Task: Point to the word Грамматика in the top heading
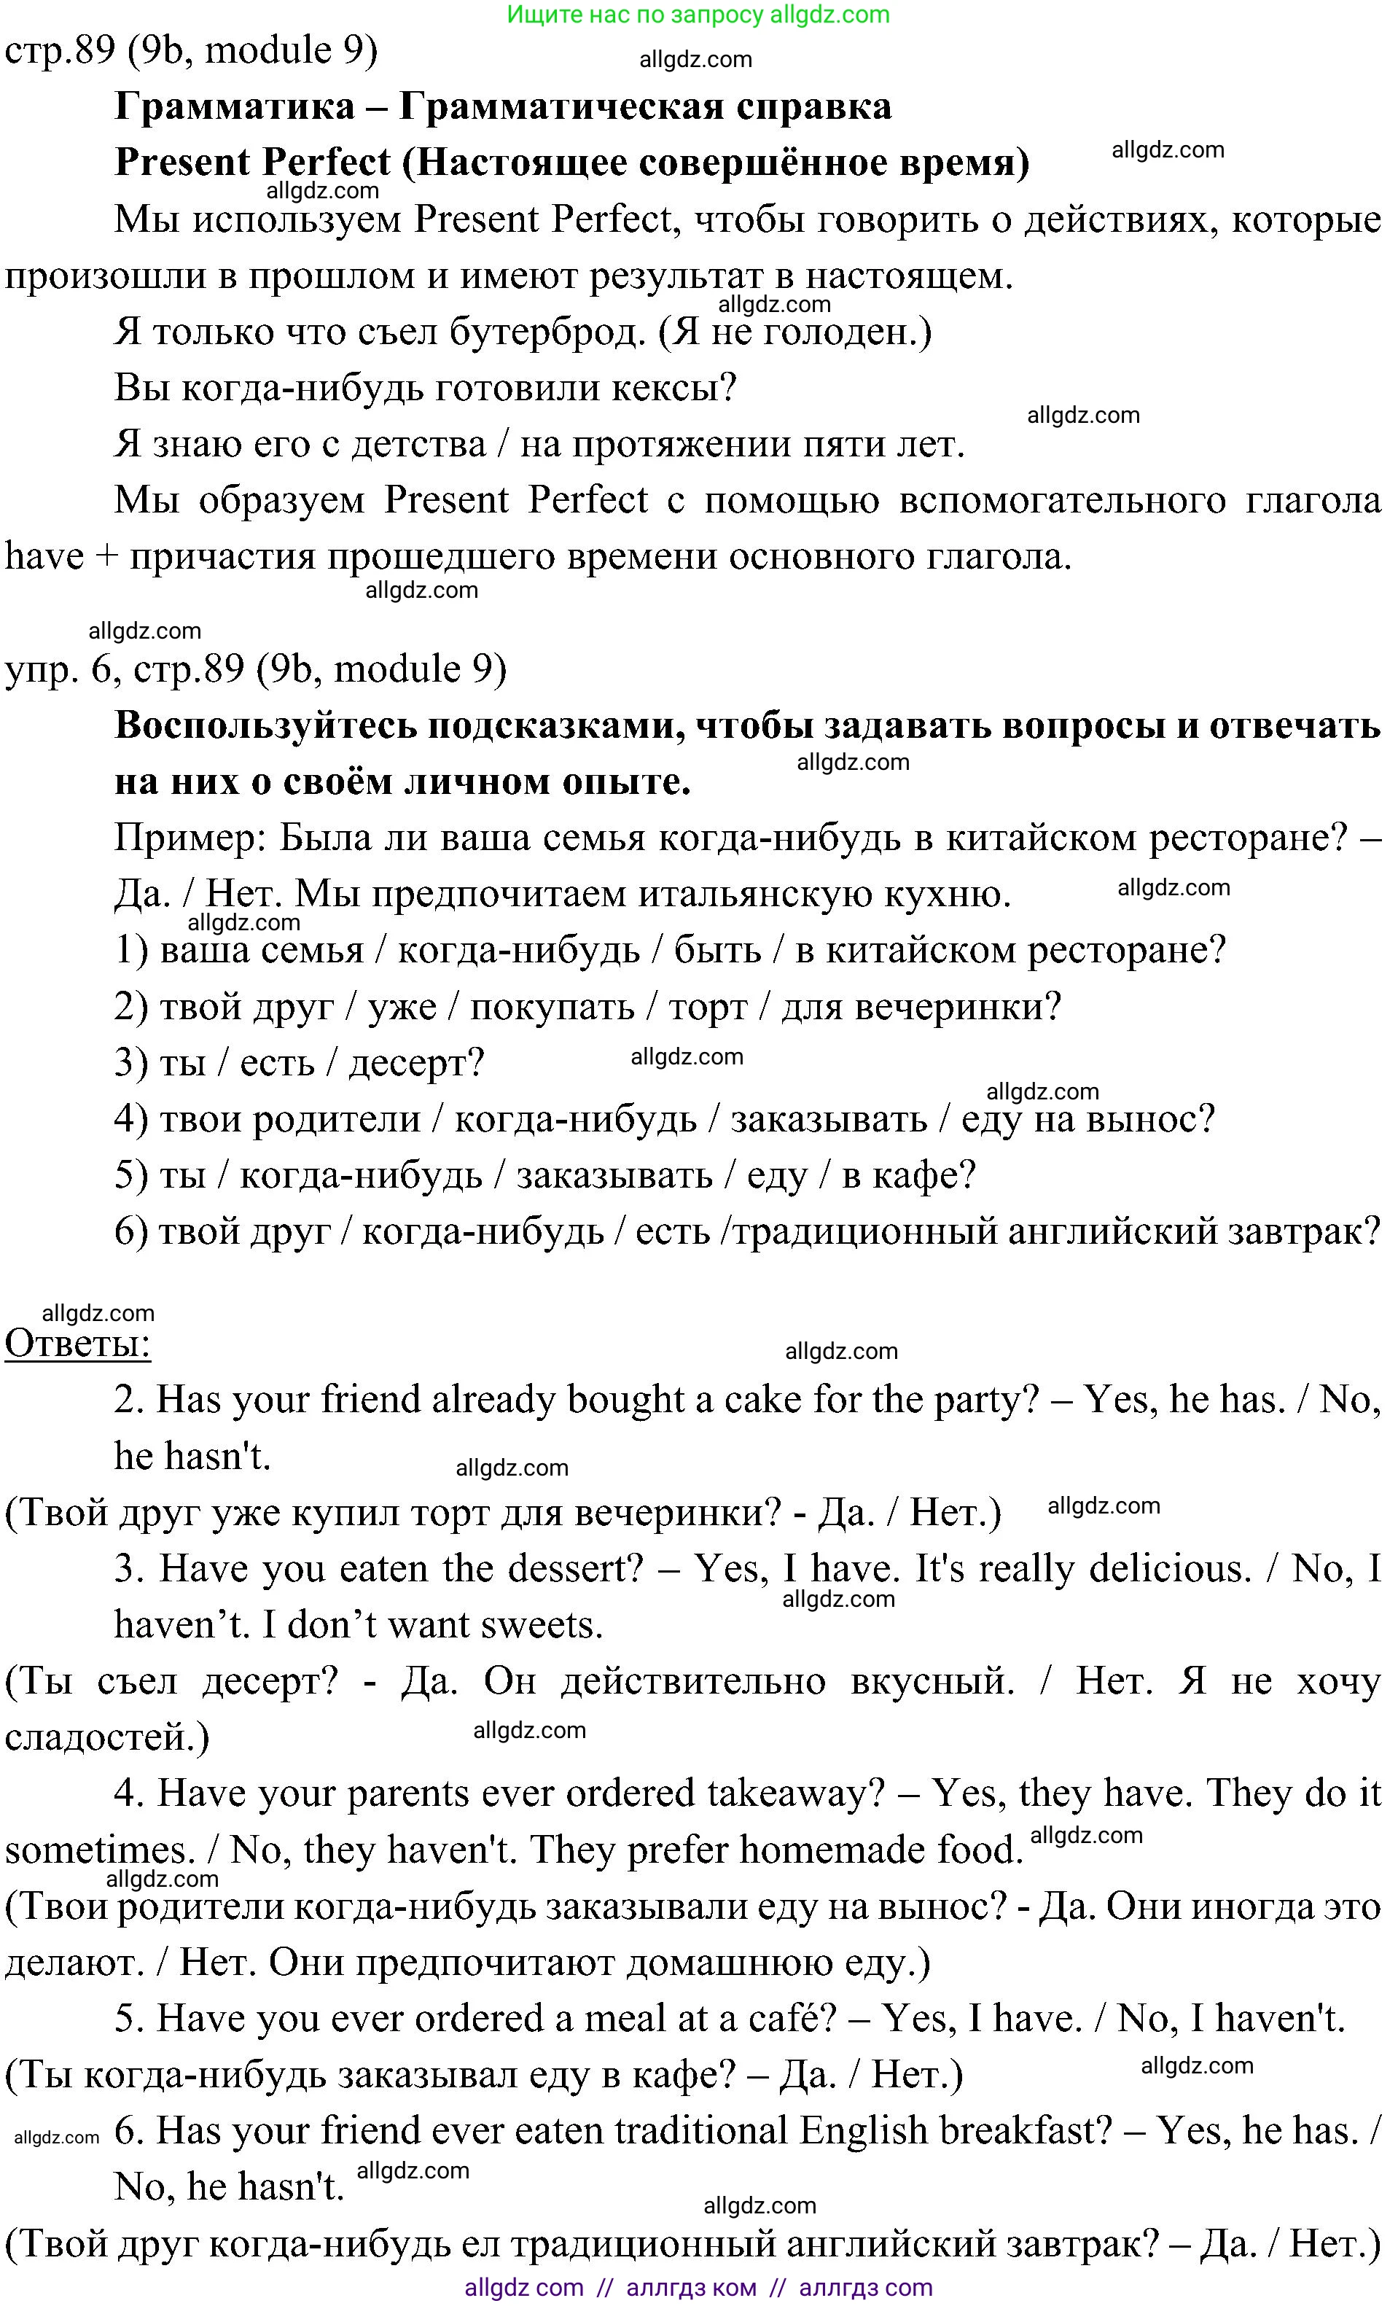coord(234,106)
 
